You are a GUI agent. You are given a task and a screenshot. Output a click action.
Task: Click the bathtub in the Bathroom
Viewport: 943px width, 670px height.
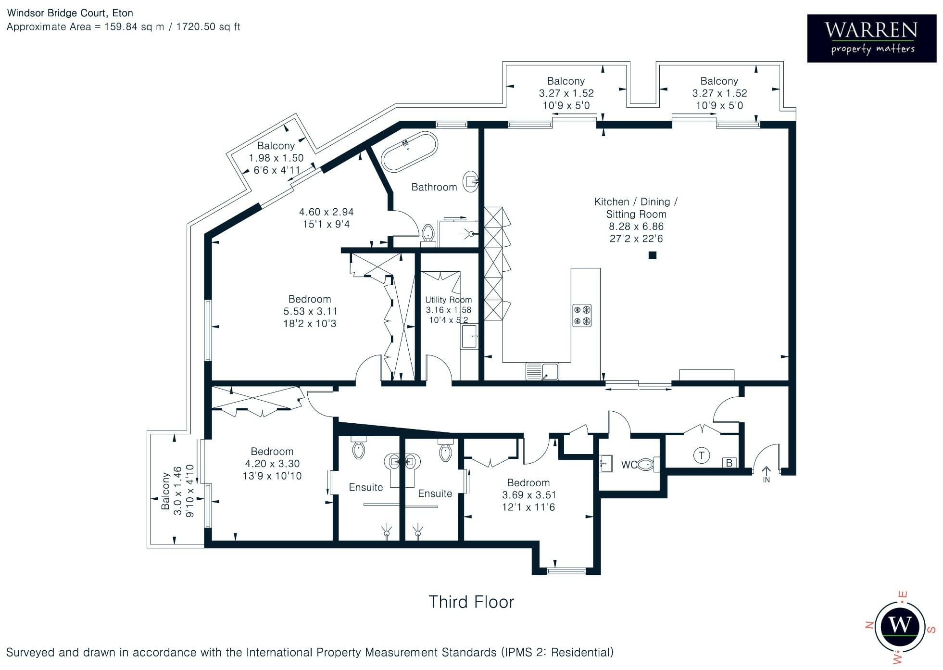(x=409, y=152)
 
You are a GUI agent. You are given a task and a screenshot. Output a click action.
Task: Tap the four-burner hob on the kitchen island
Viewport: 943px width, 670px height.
(x=581, y=316)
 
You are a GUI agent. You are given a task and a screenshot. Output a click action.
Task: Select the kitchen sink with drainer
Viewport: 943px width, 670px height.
(x=542, y=371)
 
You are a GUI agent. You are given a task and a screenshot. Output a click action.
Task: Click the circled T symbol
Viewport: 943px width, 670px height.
(x=702, y=455)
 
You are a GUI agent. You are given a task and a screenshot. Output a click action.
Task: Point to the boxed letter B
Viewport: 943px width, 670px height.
(x=729, y=463)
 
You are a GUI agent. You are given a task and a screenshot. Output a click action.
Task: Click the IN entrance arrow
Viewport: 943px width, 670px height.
(x=766, y=474)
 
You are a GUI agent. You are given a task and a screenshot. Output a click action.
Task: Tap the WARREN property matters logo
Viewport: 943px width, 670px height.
(x=871, y=38)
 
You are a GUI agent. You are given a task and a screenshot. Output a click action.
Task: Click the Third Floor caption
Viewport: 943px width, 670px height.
(x=471, y=602)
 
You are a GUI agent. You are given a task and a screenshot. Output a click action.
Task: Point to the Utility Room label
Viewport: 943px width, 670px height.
(x=449, y=300)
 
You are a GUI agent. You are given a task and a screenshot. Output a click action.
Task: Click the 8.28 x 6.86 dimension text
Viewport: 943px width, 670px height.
(x=636, y=226)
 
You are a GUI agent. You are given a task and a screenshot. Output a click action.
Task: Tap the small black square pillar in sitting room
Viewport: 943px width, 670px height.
(x=653, y=255)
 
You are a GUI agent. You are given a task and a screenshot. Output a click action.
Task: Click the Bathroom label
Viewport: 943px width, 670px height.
(x=434, y=187)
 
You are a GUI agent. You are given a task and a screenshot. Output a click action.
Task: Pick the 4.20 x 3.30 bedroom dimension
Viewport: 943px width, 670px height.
(x=272, y=464)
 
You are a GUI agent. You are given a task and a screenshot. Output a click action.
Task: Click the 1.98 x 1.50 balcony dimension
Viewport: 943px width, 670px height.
(x=276, y=158)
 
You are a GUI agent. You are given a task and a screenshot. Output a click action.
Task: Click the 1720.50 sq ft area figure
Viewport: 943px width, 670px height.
(x=208, y=27)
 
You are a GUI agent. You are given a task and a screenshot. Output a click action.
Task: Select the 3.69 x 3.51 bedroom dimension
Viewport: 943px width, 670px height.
(x=528, y=495)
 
